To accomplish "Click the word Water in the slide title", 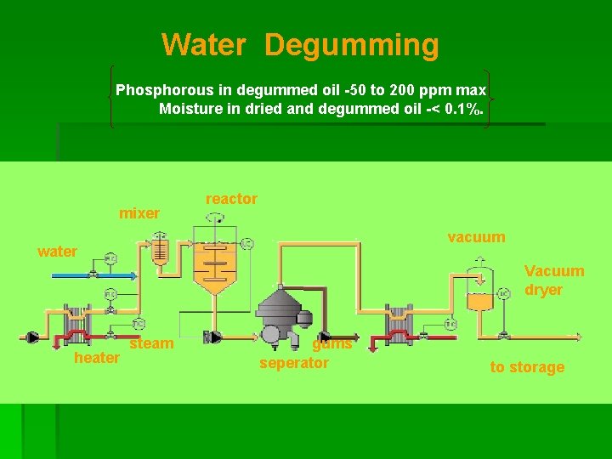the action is point(203,43).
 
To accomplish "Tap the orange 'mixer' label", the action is point(139,213).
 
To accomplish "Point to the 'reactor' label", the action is point(231,199).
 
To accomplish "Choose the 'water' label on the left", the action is point(57,252).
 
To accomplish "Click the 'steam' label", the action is point(151,343).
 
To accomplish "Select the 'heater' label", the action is point(97,358).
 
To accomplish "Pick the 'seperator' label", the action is point(294,363).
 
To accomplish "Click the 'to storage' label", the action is point(527,367).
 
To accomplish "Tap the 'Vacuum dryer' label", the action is point(554,280).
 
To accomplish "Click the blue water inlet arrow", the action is point(93,275).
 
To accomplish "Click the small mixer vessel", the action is point(160,251).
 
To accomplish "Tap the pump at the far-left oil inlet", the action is point(32,337).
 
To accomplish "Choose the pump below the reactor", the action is point(214,337).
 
